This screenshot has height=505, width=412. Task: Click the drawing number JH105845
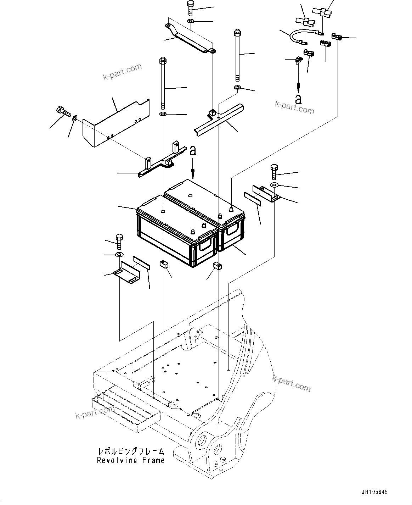[x=374, y=492]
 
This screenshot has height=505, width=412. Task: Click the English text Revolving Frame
[x=131, y=461]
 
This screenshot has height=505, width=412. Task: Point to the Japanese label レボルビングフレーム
[x=131, y=452]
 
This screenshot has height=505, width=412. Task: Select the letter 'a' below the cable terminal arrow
[x=299, y=99]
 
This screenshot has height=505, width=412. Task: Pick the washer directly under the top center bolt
[x=191, y=22]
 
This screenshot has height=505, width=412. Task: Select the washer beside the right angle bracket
[x=274, y=185]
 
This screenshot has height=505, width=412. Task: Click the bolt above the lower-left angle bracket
[x=119, y=242]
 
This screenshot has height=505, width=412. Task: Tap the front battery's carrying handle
[x=205, y=245]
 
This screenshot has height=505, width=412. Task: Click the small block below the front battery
[x=164, y=263]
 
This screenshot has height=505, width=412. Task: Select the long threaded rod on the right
[x=237, y=55]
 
